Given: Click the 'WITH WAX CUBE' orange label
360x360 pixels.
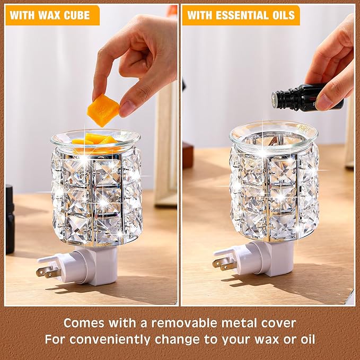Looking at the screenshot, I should (x=52, y=15).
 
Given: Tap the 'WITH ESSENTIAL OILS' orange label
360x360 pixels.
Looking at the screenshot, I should (x=241, y=15).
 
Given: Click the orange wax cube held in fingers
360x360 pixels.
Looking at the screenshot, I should (x=103, y=110).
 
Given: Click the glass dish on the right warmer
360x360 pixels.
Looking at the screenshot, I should (x=273, y=134).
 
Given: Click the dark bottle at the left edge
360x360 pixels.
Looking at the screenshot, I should (x=10, y=217).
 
